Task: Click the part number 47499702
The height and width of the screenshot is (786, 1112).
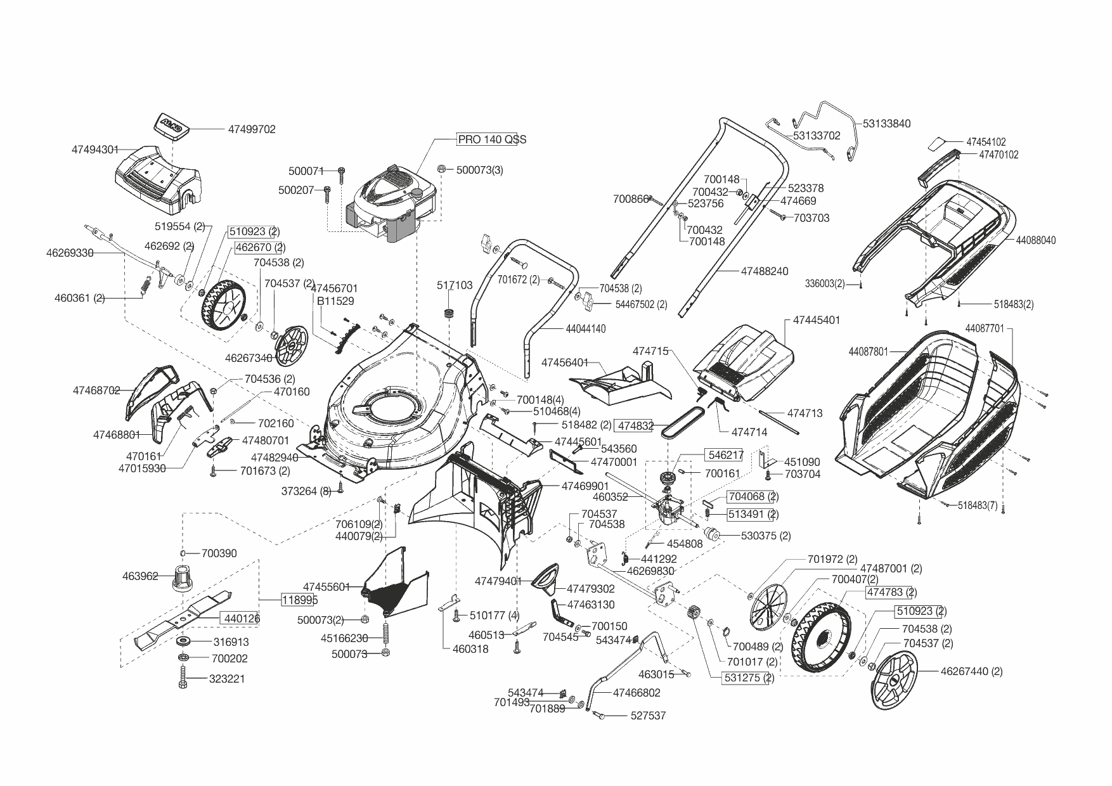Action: pyautogui.click(x=252, y=129)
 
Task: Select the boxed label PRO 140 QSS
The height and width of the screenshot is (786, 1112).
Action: pyautogui.click(x=492, y=139)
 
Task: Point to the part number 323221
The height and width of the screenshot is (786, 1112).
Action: pyautogui.click(x=227, y=679)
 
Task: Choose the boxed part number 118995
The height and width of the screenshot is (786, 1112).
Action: pyautogui.click(x=300, y=600)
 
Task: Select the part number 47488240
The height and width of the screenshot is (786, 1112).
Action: pyautogui.click(x=765, y=271)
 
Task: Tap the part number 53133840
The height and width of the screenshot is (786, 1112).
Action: pyautogui.click(x=887, y=124)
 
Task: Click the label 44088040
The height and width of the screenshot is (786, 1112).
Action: pyautogui.click(x=1036, y=241)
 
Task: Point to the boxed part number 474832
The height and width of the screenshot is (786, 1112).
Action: pyautogui.click(x=635, y=427)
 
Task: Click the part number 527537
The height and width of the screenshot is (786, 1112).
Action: pyautogui.click(x=648, y=716)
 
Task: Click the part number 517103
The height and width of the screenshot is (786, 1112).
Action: pyautogui.click(x=455, y=286)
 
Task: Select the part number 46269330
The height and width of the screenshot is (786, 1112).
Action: pyautogui.click(x=70, y=253)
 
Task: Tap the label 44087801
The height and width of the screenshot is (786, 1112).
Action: pyautogui.click(x=868, y=352)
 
